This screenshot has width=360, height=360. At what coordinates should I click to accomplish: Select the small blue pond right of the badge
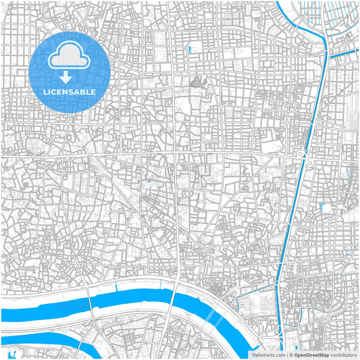tap(188, 49)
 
